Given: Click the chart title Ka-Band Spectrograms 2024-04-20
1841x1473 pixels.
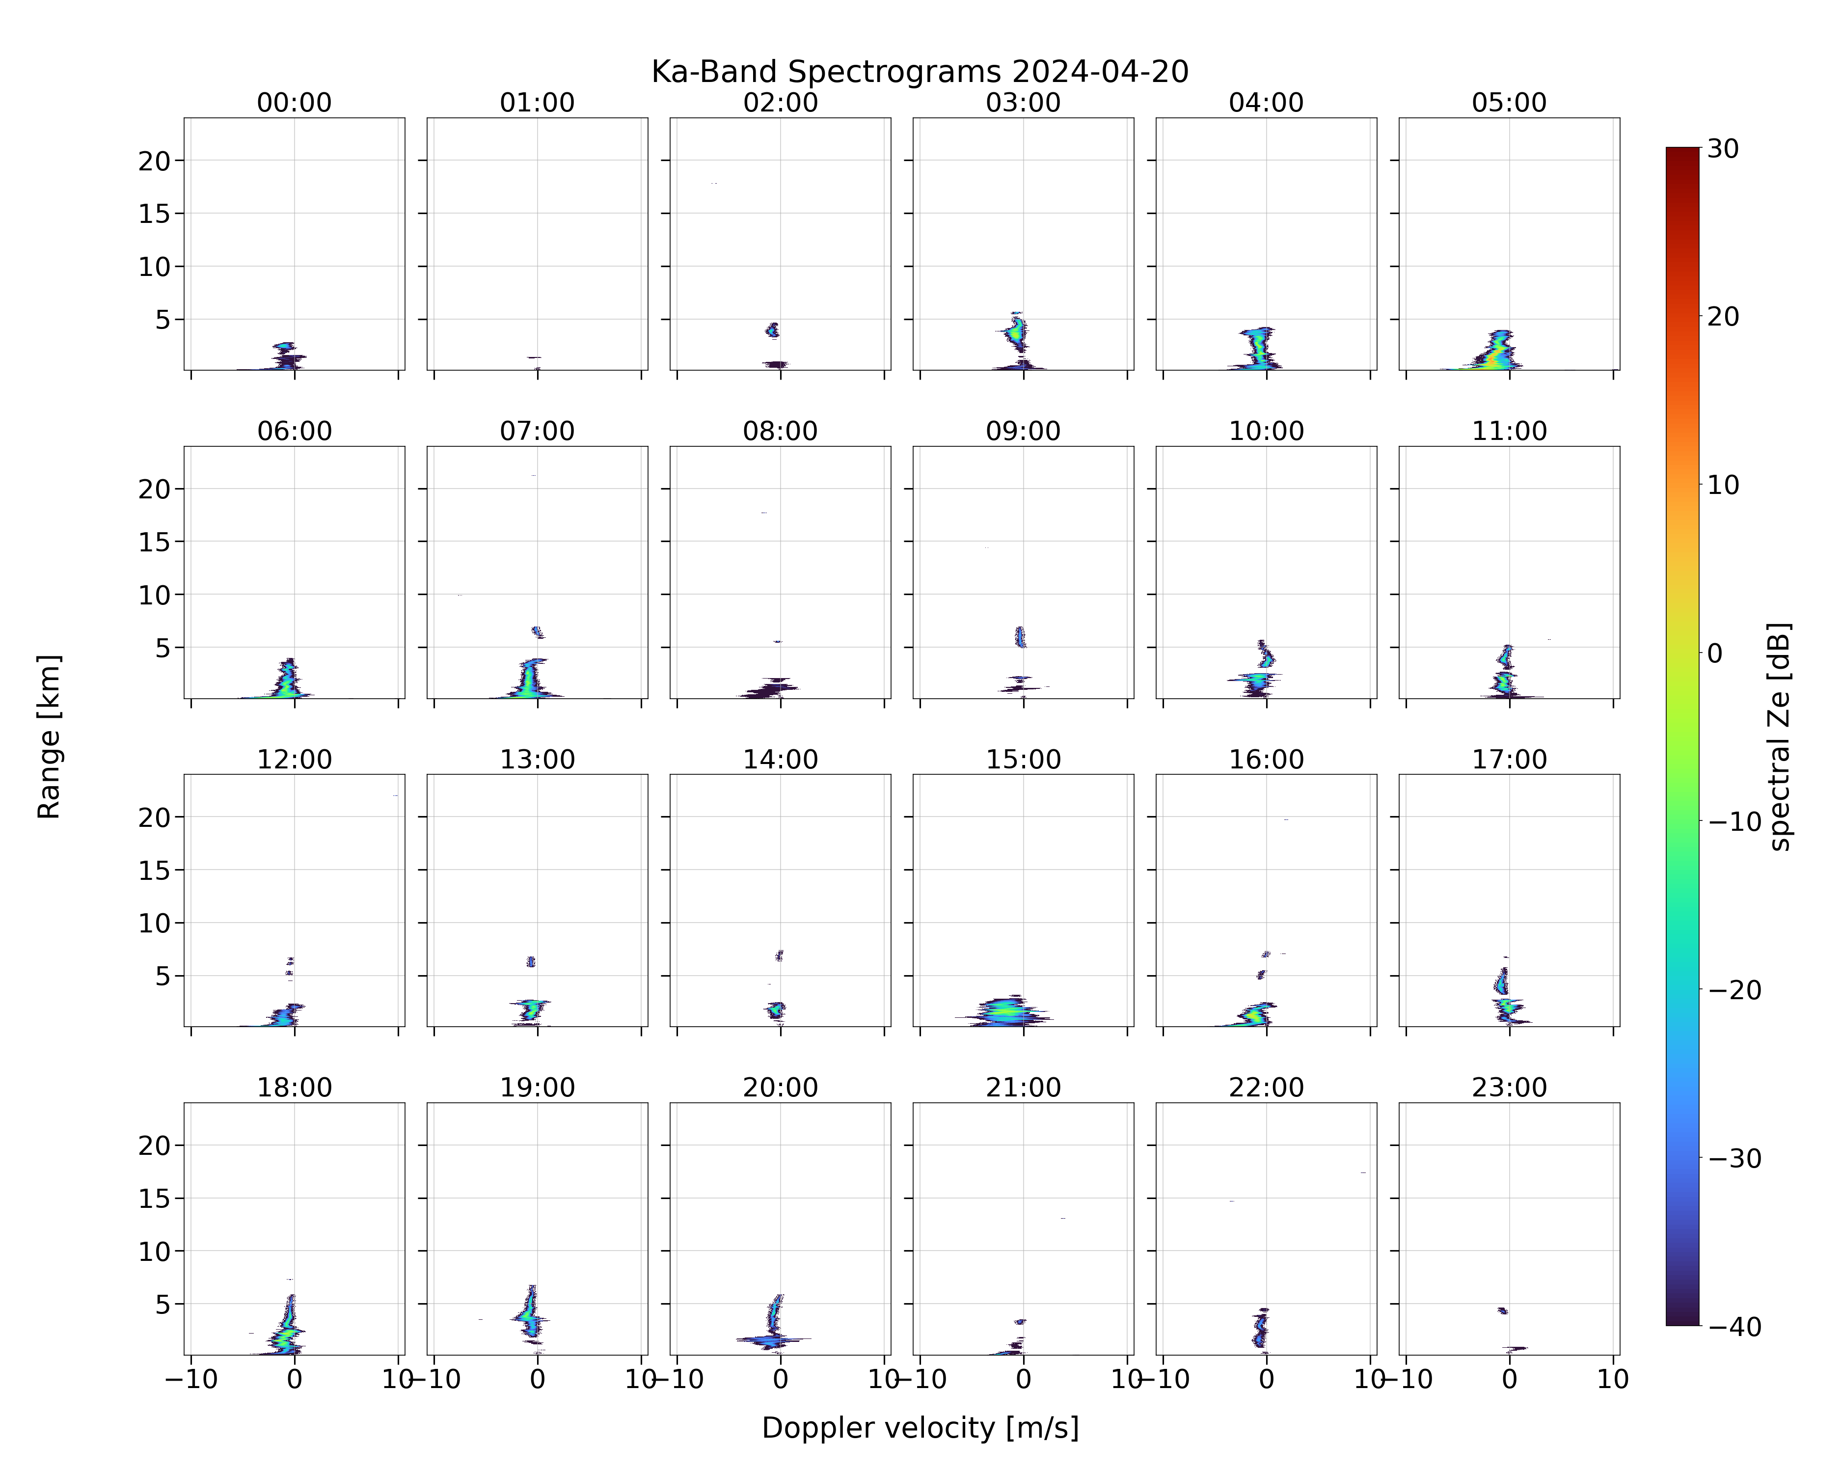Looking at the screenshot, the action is point(920,72).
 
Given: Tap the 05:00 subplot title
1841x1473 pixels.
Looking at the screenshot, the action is point(1509,103).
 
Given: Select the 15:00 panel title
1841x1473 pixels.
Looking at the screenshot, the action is point(1023,759).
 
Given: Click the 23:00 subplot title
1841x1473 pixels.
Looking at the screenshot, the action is point(1509,1087).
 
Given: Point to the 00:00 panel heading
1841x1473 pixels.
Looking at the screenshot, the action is point(295,103).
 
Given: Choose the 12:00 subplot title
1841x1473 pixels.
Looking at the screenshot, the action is point(295,759).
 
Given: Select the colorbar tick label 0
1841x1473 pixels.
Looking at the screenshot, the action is point(1715,653).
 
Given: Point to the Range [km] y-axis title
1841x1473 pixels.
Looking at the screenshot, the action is point(49,737).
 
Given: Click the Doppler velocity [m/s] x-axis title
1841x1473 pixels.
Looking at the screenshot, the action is point(920,1427).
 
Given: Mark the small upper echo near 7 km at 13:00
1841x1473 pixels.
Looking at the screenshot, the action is point(531,961).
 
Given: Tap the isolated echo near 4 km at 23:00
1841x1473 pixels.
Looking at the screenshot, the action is point(1503,1310).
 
